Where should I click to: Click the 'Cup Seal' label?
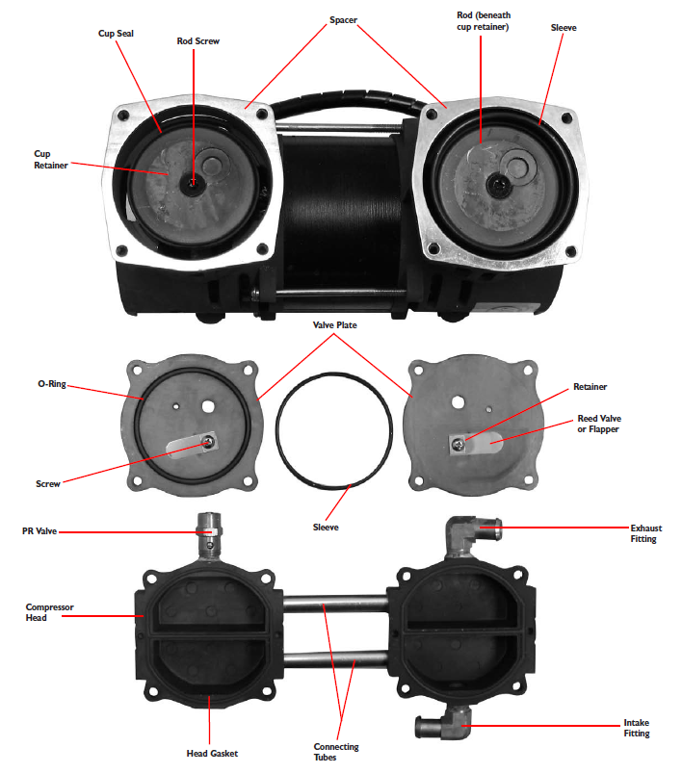tap(116, 34)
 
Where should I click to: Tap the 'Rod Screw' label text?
tap(197, 41)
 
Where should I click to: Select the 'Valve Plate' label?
tap(334, 324)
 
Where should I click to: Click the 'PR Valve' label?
tap(39, 531)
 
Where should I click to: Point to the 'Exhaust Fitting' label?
tap(646, 533)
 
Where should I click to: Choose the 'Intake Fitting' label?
tap(637, 728)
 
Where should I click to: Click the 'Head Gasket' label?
tap(212, 754)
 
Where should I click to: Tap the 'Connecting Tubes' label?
tap(336, 752)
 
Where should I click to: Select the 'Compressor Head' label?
tap(49, 612)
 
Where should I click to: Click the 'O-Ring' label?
tap(52, 383)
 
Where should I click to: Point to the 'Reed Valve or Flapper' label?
tap(599, 424)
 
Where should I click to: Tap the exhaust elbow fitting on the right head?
tap(469, 535)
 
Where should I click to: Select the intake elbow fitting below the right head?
tap(444, 723)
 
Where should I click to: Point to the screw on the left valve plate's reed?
tap(211, 441)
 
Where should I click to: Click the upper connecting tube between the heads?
tap(334, 603)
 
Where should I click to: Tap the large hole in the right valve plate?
tap(458, 402)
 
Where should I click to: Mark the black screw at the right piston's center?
tap(497, 185)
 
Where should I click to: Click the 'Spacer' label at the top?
tap(344, 20)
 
